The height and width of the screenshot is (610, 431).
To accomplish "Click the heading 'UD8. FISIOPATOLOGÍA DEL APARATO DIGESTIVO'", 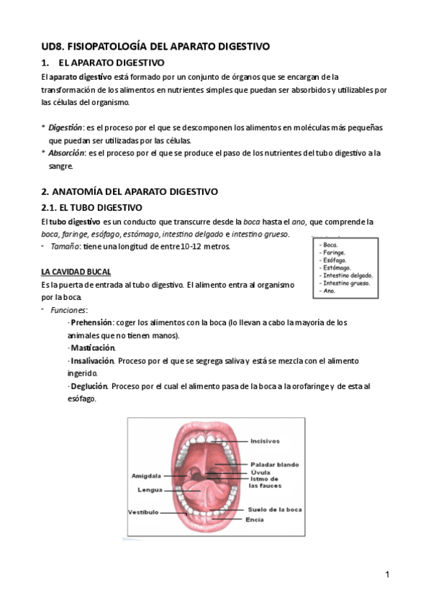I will [155, 46].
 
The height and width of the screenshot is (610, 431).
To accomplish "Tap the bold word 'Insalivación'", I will [92, 361].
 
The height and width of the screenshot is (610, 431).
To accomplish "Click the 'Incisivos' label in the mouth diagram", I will [265, 441].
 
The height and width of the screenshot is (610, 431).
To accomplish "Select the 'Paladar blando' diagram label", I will [274, 464].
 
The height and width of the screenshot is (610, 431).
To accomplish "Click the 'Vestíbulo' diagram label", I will [143, 512].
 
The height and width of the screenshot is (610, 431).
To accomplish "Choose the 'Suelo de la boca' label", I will [275, 509].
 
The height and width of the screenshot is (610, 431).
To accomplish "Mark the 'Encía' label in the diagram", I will [254, 519].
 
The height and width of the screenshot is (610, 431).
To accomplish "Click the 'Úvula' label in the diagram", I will [260, 472].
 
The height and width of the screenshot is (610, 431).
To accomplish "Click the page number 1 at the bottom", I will [386, 575].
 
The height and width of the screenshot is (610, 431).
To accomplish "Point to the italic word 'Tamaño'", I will [64, 247].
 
